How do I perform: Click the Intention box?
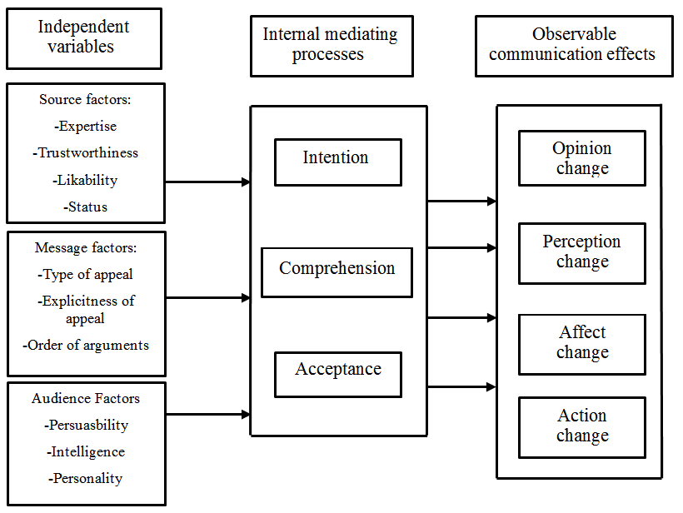point(337,162)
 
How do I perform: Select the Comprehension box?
point(337,271)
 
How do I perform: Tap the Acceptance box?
point(337,374)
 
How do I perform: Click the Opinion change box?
point(581,158)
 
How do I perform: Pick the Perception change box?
point(581,251)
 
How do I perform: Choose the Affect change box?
point(581,343)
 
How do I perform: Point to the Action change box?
point(581,426)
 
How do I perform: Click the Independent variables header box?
point(84,38)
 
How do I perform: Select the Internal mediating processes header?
point(331,46)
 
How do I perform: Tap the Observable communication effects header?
point(573,46)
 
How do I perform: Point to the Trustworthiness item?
point(86,153)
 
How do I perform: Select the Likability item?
point(86,180)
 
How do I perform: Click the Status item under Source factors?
point(86,207)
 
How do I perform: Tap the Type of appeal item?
point(86,274)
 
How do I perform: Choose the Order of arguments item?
point(86,345)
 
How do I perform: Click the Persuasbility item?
point(86,425)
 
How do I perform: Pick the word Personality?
point(86,478)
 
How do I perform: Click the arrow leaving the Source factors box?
point(207,182)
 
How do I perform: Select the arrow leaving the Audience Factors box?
point(207,414)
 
